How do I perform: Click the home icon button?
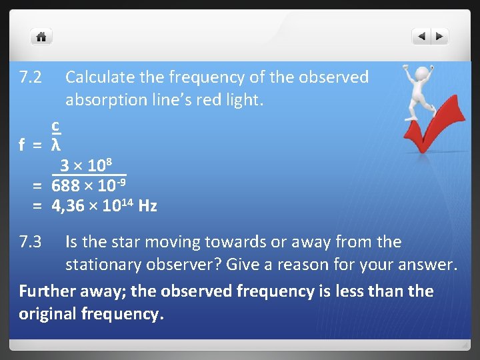coord(41,37)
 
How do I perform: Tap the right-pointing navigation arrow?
coord(440,37)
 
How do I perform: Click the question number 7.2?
coord(31,78)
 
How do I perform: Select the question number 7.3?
coord(31,242)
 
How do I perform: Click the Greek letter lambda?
coord(57,144)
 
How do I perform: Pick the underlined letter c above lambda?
coord(57,125)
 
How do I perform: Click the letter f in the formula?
coord(23,144)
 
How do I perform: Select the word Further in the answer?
coord(46,291)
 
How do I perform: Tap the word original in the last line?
coord(45,314)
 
